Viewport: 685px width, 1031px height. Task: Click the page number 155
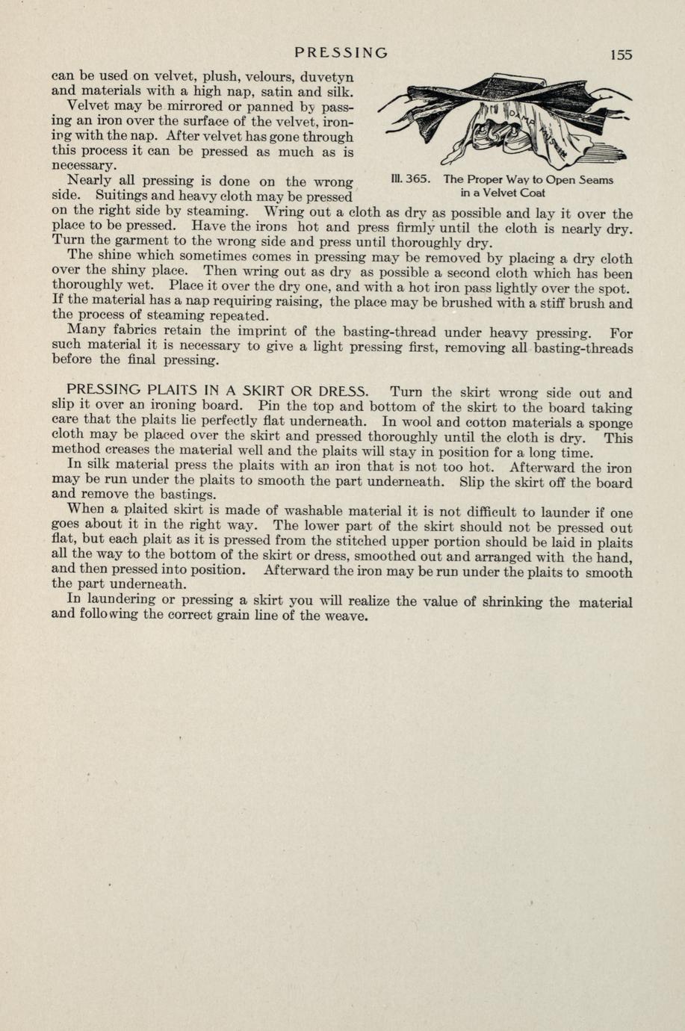click(620, 55)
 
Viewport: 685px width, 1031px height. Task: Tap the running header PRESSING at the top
click(341, 53)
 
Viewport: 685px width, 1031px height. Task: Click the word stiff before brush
click(562, 303)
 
